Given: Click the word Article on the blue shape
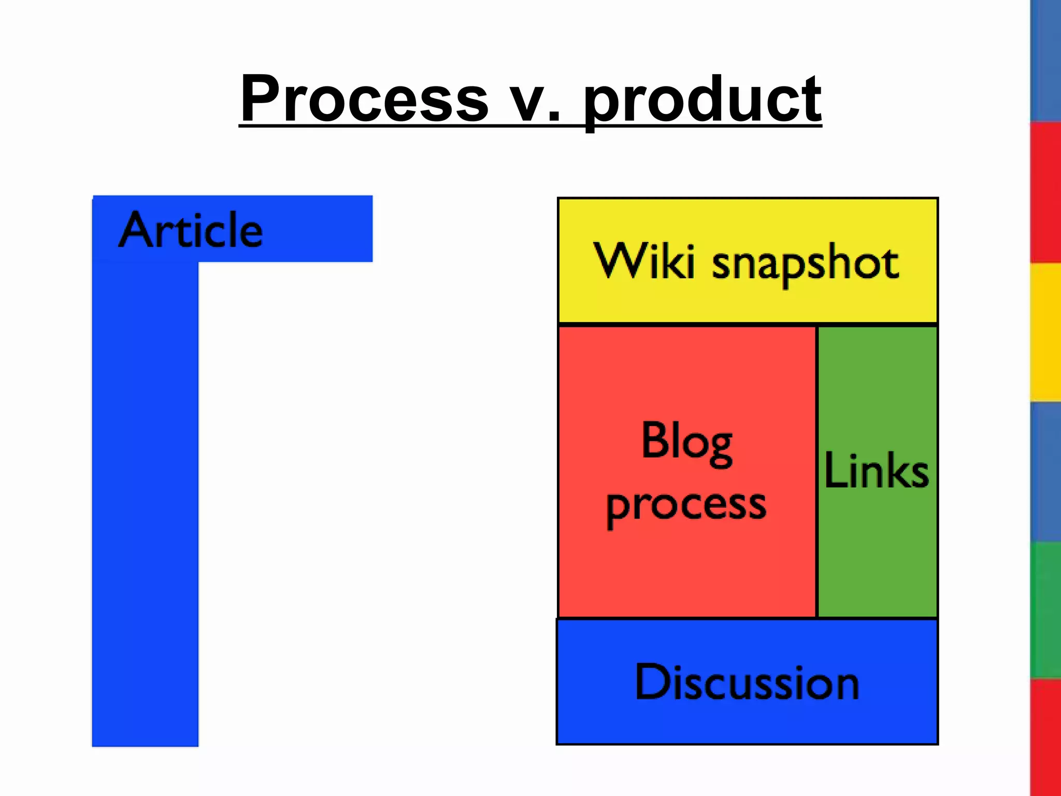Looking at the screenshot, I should tap(191, 230).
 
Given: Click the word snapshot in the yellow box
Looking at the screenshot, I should tap(805, 264).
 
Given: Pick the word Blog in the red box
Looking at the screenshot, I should tap(686, 442).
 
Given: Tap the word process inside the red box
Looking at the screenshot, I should tap(686, 505).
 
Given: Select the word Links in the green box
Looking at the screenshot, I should tap(877, 471).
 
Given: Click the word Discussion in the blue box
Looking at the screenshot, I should tap(747, 683).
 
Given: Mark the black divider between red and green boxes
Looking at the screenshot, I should tap(816, 472).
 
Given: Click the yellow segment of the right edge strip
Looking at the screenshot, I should tap(1045, 332).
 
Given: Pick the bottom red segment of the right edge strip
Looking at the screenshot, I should tap(1045, 736).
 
